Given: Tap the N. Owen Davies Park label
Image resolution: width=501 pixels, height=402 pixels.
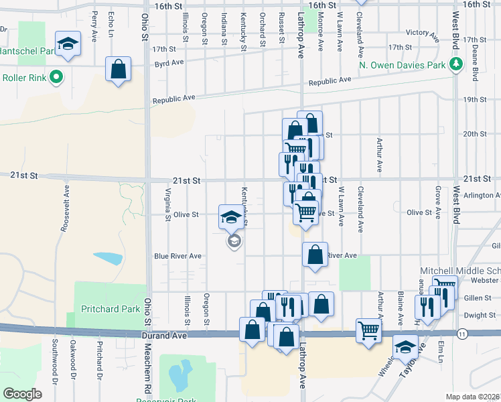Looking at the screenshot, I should tap(401, 65).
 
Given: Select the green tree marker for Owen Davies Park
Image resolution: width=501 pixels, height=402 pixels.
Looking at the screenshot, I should tap(456, 64).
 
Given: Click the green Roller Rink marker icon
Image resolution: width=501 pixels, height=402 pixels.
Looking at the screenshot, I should tap(56, 76).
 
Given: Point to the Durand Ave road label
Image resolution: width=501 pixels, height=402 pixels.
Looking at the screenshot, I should tap(162, 334).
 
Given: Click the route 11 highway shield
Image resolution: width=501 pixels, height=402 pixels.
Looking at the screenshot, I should tap(462, 333).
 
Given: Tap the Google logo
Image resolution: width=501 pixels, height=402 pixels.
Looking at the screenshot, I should tap(22, 393).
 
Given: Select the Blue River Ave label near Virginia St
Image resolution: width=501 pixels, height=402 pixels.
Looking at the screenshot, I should tap(177, 256).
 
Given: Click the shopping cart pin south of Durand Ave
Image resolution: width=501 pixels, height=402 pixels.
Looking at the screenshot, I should tap(368, 330).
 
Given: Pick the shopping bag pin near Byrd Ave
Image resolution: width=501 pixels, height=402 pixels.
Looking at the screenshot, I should tap(118, 69).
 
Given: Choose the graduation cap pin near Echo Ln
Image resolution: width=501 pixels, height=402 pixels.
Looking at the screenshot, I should tap(68, 44).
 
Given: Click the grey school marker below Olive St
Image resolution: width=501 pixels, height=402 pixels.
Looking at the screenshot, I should tap(234, 241).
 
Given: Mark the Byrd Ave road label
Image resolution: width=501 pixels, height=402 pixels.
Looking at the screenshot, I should tap(169, 62).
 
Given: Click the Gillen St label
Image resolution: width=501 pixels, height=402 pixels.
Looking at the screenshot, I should tap(478, 297).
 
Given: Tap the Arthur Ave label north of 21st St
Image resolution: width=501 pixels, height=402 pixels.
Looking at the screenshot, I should tap(379, 156).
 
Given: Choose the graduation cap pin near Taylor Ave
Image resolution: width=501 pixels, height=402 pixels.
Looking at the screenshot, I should tap(405, 347).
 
